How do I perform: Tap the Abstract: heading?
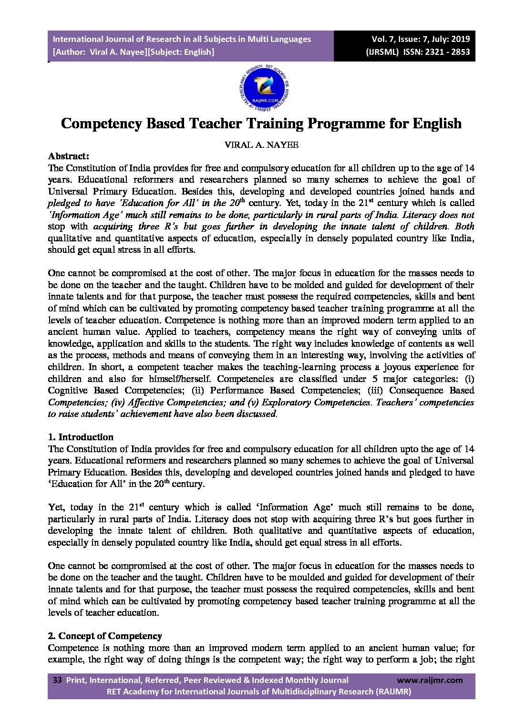coord(69,156)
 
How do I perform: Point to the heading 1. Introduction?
coord(81,437)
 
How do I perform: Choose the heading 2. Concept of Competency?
coord(105,636)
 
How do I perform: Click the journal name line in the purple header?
coord(181,39)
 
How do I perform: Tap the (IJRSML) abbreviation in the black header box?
coord(381,52)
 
